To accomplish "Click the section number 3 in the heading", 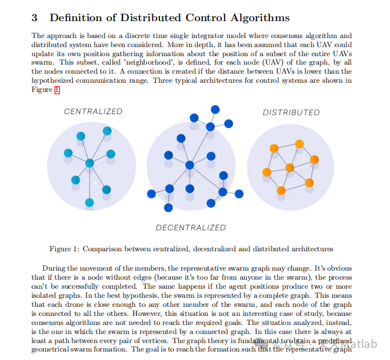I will [35, 18].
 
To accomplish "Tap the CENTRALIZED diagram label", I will [93, 111].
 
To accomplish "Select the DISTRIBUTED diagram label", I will [291, 112].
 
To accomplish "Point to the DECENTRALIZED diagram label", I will [191, 228].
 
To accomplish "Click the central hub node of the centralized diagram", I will [89, 163].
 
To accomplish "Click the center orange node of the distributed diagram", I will [290, 167].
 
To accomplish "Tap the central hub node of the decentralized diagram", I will [190, 165].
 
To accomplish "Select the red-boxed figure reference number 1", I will [57, 89].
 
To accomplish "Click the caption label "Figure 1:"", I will [65, 248].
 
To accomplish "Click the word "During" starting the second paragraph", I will [55, 268].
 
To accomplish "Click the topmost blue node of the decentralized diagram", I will [214, 109].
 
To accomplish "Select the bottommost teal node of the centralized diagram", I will [89, 202].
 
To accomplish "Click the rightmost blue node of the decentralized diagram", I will [239, 194].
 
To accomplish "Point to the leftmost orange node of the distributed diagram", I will [266, 173].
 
